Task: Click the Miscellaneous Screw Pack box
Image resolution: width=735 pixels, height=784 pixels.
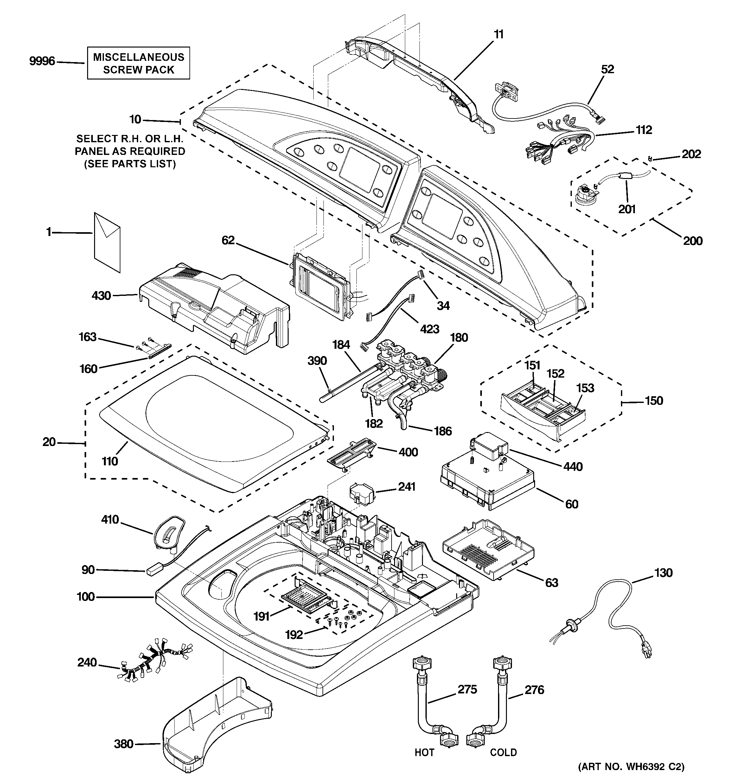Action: click(138, 63)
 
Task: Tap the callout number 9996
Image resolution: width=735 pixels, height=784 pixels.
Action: click(42, 61)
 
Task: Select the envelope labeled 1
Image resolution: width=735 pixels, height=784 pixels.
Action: click(107, 242)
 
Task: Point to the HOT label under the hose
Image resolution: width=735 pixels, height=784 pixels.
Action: click(424, 752)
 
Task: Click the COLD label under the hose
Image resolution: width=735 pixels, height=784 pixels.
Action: click(503, 752)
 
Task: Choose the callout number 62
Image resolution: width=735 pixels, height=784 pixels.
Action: click(228, 240)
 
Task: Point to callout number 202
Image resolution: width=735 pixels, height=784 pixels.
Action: click(691, 154)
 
